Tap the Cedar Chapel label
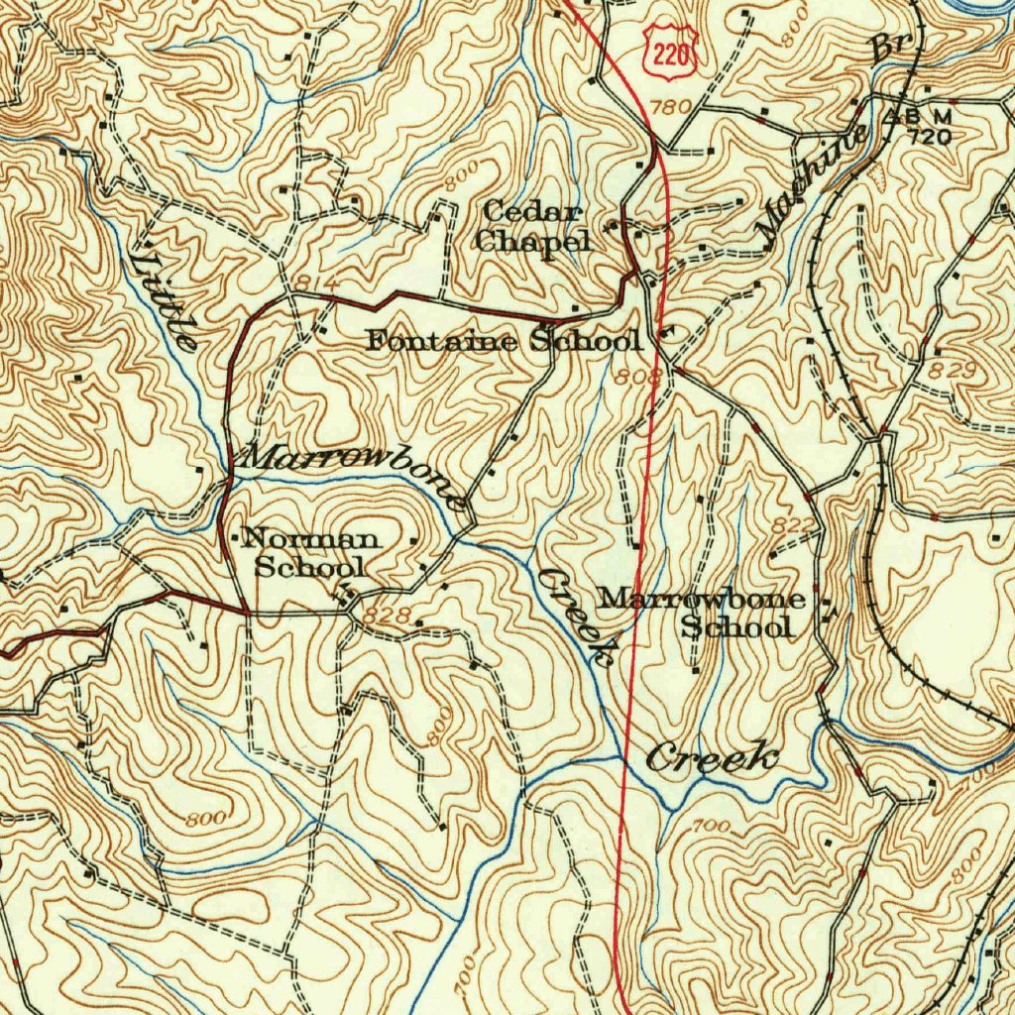532,226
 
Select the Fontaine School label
504,341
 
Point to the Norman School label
310,553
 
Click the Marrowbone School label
702,612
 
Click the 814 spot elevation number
309,282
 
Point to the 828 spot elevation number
386,616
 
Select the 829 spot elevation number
954,370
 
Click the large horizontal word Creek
711,758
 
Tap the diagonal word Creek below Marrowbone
576,615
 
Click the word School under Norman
310,567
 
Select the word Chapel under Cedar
532,240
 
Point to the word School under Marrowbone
738,626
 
